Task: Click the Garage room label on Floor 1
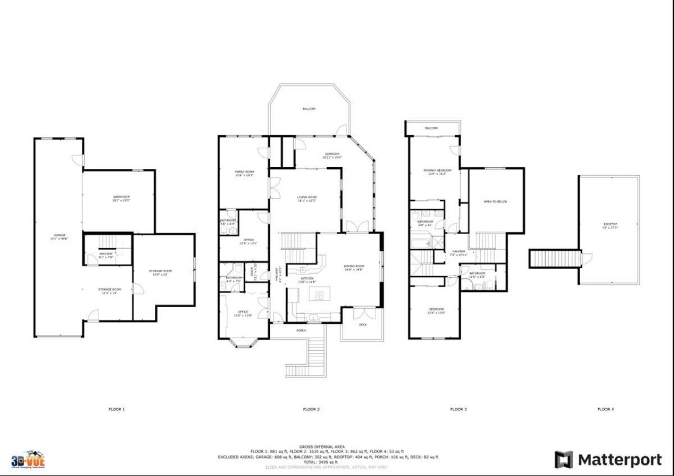60,235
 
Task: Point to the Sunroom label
332,154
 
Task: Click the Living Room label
306,197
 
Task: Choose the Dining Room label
354,266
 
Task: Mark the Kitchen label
307,278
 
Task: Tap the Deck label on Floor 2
363,325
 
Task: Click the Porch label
301,331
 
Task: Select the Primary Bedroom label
434,170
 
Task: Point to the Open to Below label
495,201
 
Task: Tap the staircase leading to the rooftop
553,259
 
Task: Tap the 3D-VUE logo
28,459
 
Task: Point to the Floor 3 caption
458,409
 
